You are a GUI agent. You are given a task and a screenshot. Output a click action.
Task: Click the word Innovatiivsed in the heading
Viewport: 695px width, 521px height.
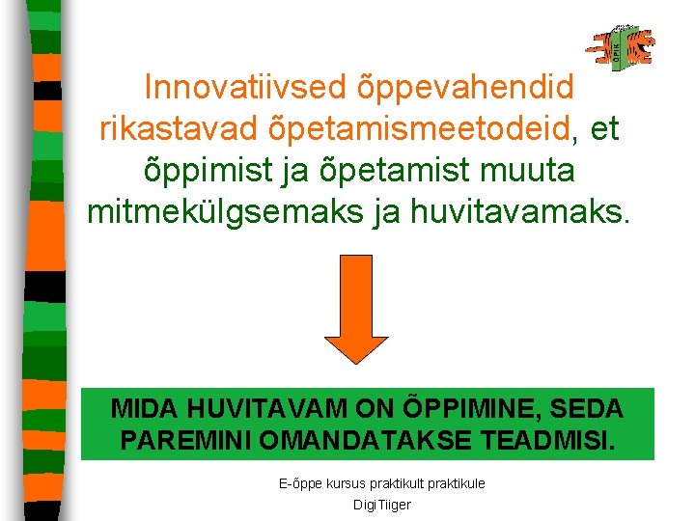click(242, 87)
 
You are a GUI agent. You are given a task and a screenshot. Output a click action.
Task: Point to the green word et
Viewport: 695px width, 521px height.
click(604, 128)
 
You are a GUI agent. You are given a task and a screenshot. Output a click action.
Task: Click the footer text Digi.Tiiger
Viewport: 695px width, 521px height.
click(382, 505)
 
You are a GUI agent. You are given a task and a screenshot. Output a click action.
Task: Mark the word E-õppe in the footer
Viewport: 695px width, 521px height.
click(296, 482)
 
